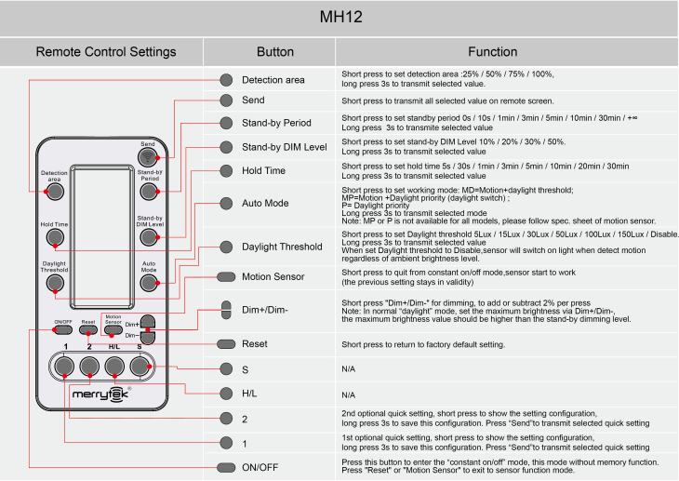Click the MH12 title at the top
pos(339,18)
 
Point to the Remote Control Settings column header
pos(105,52)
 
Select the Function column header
pos(492,52)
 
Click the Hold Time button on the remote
pos(55,238)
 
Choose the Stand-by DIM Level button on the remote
pos(149,238)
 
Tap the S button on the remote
pos(140,367)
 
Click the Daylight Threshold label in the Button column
pos(282,247)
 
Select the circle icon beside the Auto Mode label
pos(225,203)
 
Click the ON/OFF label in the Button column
pos(260,466)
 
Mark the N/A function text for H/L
pos(349,395)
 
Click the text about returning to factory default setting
pos(423,344)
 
